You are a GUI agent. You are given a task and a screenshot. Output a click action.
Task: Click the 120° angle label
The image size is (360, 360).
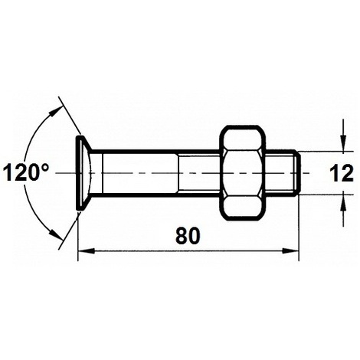pyautogui.click(x=26, y=172)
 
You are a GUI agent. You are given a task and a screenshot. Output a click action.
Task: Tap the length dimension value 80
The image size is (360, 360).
pyautogui.click(x=188, y=236)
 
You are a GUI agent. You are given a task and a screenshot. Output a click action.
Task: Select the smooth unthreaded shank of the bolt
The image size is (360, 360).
pyautogui.click(x=138, y=172)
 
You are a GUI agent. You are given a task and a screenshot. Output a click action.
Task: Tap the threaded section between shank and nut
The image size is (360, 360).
pyautogui.click(x=199, y=172)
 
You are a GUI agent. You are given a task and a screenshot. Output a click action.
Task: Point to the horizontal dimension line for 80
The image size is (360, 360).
pyautogui.click(x=188, y=250)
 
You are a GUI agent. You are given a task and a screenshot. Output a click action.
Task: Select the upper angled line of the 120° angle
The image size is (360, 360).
pyautogui.click(x=67, y=115)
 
